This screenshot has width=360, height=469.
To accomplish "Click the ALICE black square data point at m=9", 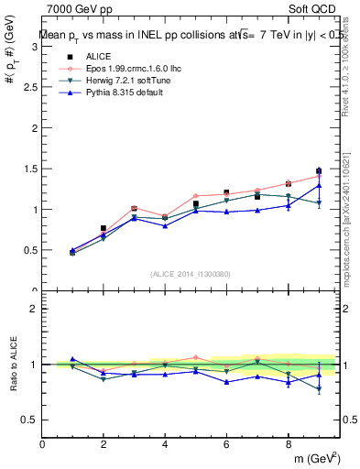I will click(x=319, y=171).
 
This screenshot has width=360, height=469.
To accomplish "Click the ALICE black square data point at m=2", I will click(x=104, y=228).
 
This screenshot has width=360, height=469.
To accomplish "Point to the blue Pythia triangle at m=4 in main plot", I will click(x=165, y=225).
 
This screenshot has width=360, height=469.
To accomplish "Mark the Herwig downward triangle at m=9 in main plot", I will click(x=319, y=202).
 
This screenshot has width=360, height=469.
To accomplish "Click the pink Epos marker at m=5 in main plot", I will click(x=196, y=196).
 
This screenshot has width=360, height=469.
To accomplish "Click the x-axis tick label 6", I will click(x=226, y=445).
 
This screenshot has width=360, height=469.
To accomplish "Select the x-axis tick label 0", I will click(x=42, y=445).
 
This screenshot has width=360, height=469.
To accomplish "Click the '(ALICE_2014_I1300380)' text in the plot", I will click(x=191, y=274).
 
